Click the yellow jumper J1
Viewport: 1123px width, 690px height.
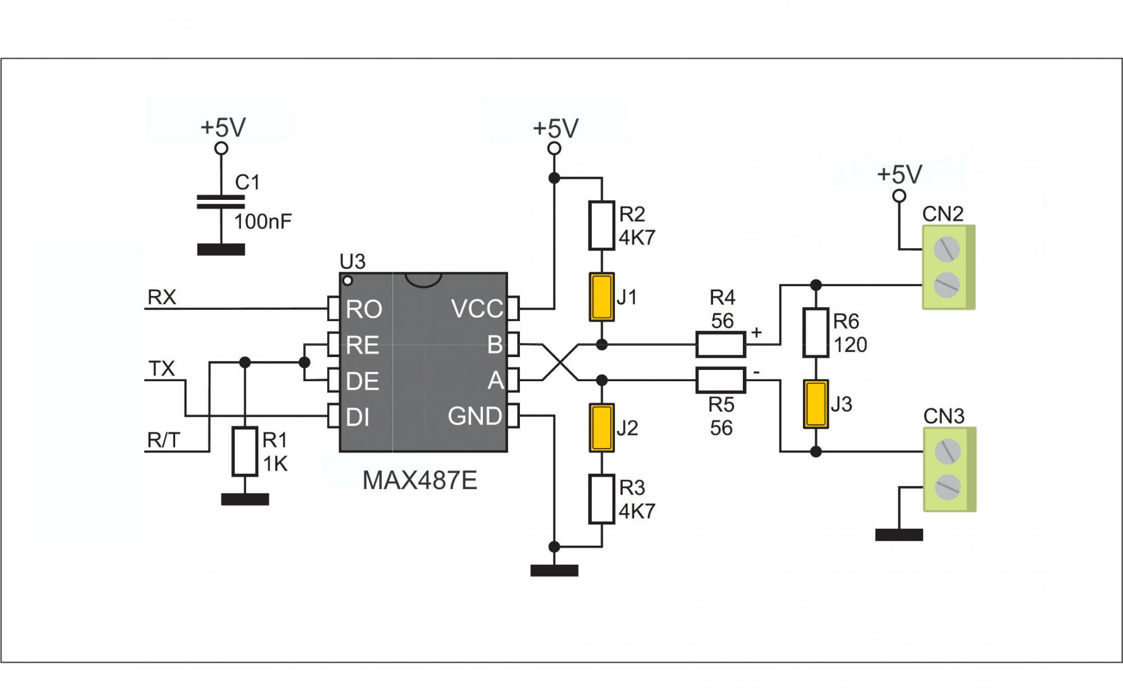[x=601, y=297]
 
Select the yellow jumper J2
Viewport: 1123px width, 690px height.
[x=601, y=428]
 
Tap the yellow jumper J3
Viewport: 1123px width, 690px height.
[x=816, y=404]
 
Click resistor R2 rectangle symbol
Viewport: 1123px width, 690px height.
[x=601, y=225]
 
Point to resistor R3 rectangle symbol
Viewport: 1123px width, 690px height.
[x=601, y=499]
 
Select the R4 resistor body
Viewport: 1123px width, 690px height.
[x=720, y=345]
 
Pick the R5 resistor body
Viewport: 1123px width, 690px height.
[x=720, y=380]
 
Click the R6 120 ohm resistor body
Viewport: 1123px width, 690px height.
[x=816, y=332]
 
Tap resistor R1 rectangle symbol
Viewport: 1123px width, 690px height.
[x=245, y=451]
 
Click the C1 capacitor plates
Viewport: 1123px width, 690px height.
[x=221, y=202]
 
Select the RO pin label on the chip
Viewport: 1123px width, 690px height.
[x=364, y=309]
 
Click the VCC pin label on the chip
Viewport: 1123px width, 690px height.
[x=477, y=309]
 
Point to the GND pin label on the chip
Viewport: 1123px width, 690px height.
[x=474, y=416]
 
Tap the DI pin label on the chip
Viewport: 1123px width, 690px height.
[x=358, y=417]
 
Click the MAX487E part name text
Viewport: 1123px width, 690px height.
[x=419, y=481]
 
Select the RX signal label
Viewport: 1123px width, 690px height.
[x=162, y=297]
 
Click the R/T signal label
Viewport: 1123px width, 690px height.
[x=163, y=441]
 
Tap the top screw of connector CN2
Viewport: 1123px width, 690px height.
[x=947, y=249]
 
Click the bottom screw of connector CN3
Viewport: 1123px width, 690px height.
[x=947, y=487]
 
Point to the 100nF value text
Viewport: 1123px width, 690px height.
[x=263, y=222]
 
